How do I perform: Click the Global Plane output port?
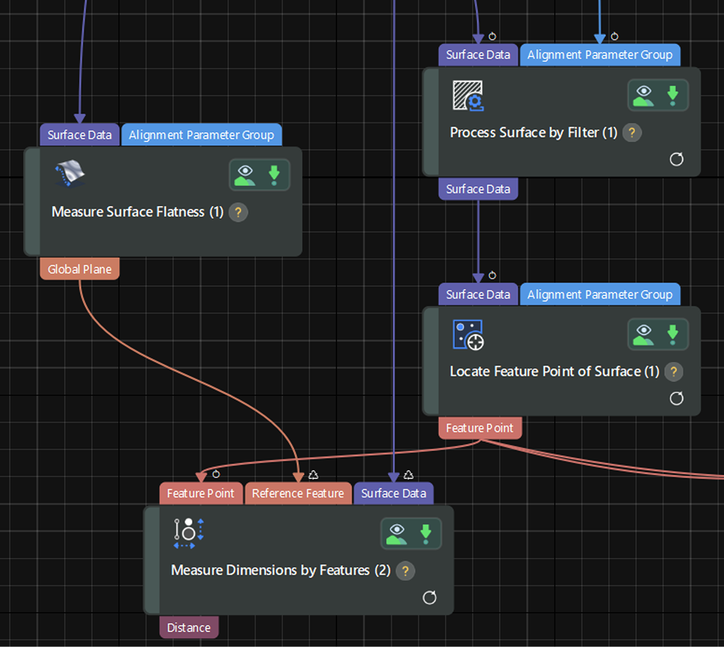click(80, 269)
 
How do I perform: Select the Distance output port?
click(188, 627)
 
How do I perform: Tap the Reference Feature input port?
click(298, 493)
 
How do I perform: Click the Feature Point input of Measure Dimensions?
click(201, 493)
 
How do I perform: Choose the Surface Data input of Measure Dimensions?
click(394, 493)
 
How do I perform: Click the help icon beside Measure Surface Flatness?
click(238, 213)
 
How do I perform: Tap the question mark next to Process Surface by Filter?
click(632, 133)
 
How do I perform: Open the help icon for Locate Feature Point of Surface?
click(673, 372)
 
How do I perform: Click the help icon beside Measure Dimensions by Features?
click(405, 571)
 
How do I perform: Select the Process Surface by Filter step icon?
click(468, 96)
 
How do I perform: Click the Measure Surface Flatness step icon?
click(70, 174)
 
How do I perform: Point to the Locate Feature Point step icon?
click(468, 335)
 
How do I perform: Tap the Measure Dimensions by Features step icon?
click(188, 534)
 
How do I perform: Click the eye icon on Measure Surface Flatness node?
click(245, 175)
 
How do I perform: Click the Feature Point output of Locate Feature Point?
click(480, 428)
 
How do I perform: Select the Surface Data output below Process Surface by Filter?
click(478, 188)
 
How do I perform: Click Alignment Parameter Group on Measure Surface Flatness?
click(202, 135)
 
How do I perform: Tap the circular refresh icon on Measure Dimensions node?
click(430, 598)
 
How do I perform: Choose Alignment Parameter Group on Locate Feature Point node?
click(600, 294)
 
